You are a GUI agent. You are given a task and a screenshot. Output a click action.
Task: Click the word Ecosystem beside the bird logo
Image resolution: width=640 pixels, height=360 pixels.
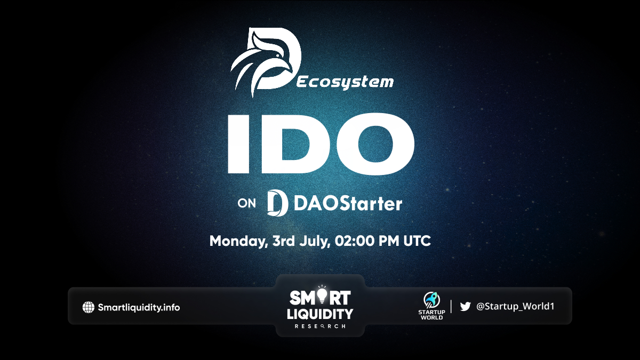click(345, 82)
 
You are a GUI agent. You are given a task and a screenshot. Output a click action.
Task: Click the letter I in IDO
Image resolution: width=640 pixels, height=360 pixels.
click(238, 144)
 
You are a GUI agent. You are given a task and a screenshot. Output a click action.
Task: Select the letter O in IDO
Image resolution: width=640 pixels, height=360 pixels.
click(375, 144)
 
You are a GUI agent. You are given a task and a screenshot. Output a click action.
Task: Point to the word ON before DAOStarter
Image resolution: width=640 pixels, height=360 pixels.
click(247, 203)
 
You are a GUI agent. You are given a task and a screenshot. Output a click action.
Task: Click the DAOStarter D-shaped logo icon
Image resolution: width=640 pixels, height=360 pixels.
click(277, 203)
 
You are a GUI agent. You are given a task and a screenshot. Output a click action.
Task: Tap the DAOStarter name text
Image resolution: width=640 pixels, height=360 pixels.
click(348, 203)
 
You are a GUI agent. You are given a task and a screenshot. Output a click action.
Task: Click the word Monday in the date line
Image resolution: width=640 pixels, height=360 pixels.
click(238, 241)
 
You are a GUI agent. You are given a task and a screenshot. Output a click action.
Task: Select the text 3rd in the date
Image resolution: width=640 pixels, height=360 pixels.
click(283, 241)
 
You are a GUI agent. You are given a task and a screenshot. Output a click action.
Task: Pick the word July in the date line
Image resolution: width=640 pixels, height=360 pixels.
click(315, 241)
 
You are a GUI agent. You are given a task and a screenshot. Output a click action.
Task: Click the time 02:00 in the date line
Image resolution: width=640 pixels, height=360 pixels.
click(354, 241)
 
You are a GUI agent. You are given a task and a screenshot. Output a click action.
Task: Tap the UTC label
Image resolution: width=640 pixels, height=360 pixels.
click(417, 241)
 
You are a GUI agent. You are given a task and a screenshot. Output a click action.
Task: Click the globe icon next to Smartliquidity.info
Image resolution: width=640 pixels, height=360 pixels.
click(89, 307)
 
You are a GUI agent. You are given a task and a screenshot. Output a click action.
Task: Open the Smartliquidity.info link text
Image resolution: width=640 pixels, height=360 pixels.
click(139, 307)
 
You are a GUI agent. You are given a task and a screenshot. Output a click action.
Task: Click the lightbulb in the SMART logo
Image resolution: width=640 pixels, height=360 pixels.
click(322, 295)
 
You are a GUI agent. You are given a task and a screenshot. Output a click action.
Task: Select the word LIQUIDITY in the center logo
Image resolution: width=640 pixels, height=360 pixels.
click(320, 314)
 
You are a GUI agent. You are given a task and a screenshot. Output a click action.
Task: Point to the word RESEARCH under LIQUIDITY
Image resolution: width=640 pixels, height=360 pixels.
click(320, 326)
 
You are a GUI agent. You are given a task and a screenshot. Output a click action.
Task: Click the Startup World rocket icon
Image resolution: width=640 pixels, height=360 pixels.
click(431, 300)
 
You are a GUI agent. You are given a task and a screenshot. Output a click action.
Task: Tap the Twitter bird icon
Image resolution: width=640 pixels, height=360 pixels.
click(466, 307)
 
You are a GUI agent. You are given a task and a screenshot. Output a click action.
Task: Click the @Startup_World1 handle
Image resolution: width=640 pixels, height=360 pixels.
click(515, 306)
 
